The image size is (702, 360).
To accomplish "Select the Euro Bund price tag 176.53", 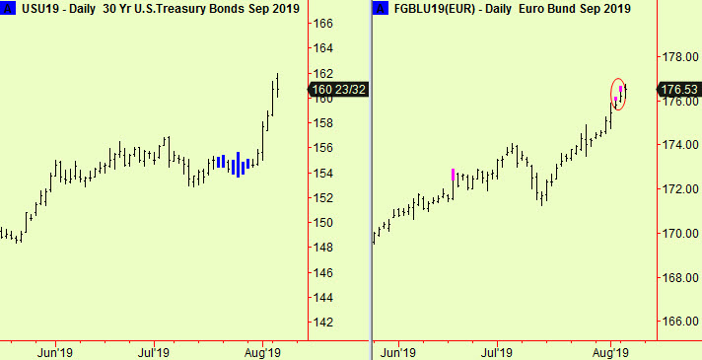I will pos(679,90).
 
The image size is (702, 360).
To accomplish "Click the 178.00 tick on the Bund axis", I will pos(678,57).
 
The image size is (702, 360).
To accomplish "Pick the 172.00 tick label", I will pos(678,189).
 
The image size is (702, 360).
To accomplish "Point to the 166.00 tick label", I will pos(678,322).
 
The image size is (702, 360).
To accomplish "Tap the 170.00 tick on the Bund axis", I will pos(678,234).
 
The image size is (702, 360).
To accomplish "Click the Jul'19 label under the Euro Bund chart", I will pos(496,350).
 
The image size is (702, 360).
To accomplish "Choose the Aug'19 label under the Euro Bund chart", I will pos(611,350).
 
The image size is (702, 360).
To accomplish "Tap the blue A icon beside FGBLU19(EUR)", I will pos(380,9).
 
